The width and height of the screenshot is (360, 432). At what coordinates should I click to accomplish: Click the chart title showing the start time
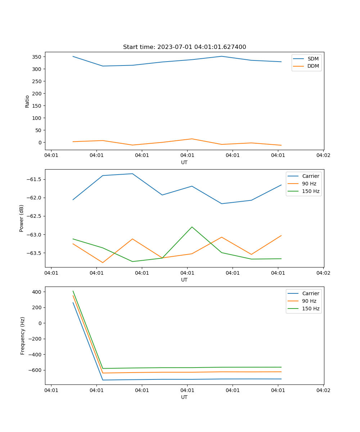(184, 47)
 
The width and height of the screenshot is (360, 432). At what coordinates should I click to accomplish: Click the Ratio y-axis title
(27, 101)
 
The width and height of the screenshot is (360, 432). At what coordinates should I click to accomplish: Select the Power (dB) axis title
(22, 218)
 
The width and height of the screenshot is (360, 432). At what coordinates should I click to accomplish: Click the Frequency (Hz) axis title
(23, 336)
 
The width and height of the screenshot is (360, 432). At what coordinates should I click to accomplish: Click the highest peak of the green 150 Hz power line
(192, 227)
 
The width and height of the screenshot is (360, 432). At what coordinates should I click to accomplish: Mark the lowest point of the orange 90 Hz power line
(103, 262)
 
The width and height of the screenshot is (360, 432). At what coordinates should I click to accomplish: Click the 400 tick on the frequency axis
(37, 292)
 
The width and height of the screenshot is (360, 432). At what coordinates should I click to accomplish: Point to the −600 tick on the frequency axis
(35, 370)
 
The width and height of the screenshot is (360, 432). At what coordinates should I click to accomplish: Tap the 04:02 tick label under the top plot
(323, 156)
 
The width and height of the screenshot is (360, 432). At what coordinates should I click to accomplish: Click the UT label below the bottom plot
(184, 397)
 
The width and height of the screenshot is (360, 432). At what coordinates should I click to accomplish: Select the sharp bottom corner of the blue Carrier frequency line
(103, 380)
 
